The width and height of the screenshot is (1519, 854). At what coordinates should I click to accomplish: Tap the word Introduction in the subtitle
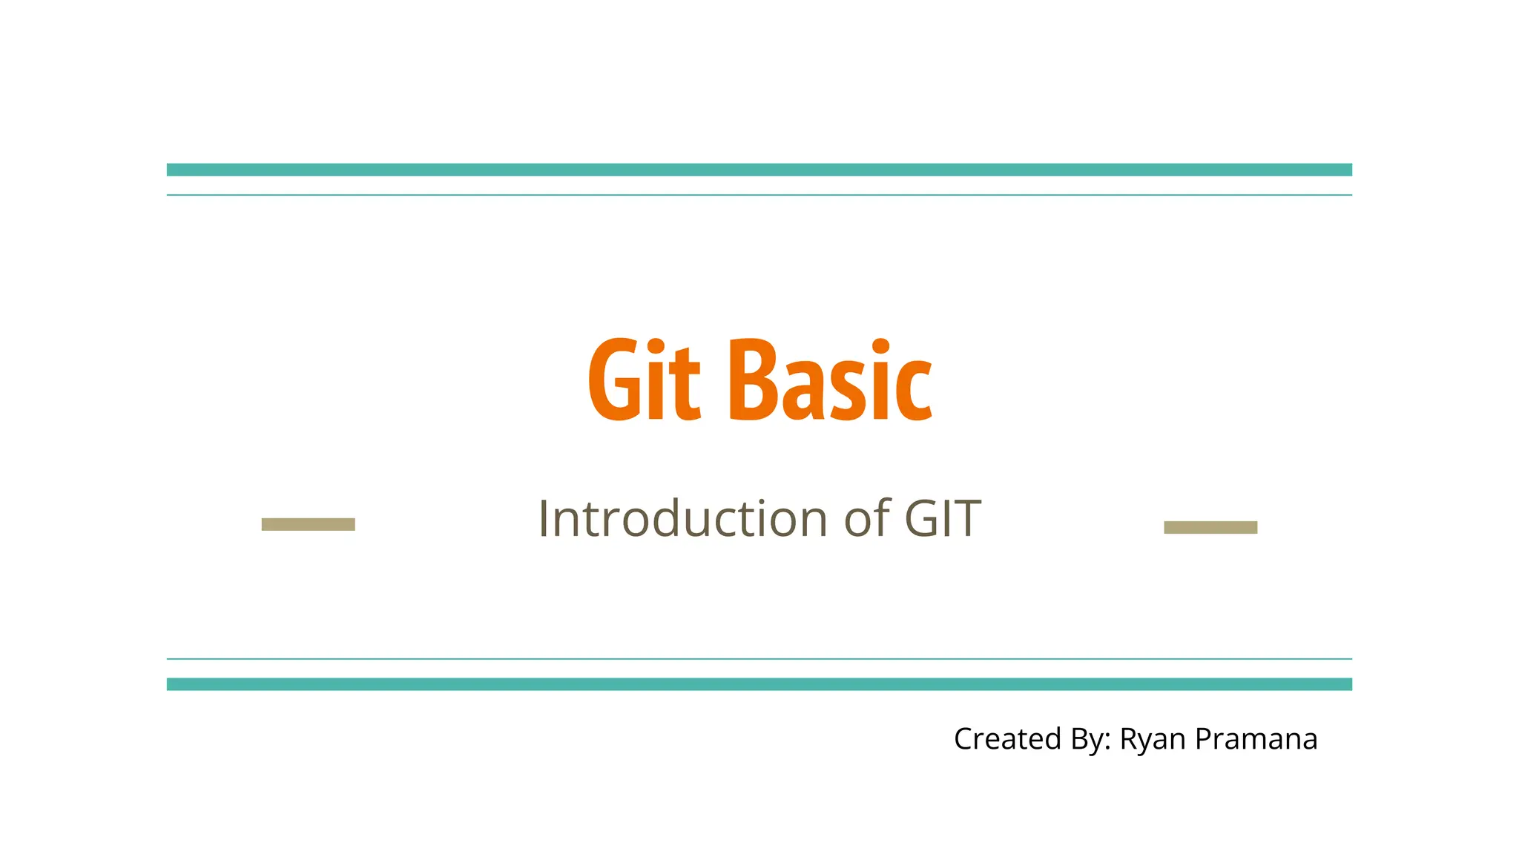coord(682,518)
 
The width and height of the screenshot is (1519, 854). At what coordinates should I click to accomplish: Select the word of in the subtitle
coord(867,518)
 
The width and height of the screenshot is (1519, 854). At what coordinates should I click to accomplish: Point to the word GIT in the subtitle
coord(943,518)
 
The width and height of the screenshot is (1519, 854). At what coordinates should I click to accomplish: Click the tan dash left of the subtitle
coord(309,524)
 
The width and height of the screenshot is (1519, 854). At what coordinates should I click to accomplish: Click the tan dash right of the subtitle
coord(1210,527)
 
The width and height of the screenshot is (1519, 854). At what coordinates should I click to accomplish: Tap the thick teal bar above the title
coord(759,170)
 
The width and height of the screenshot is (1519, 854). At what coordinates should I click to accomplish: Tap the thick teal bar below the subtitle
coord(759,684)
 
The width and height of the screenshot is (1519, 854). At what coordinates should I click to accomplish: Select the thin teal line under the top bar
coord(759,195)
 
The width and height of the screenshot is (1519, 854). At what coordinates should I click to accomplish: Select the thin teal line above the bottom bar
coord(759,658)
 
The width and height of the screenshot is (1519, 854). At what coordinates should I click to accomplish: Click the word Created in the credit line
coord(1007,739)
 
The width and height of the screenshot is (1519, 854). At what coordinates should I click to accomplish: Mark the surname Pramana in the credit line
coord(1256,739)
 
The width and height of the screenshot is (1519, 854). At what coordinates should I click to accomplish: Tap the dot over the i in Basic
coord(880,347)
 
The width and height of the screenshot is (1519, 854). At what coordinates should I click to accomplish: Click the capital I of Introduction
coord(544,518)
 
